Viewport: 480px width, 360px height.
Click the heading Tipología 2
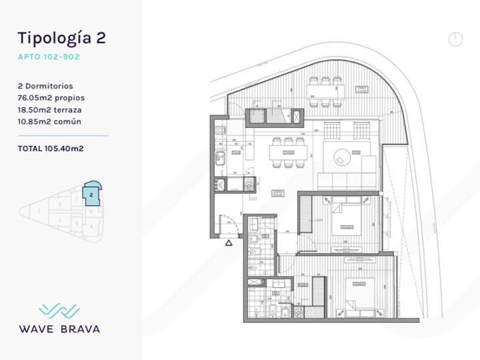(62, 37)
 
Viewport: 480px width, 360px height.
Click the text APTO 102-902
(49, 57)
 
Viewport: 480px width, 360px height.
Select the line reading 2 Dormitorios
(46, 86)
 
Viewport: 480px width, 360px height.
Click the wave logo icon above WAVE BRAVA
(59, 311)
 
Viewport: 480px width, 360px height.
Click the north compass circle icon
(455, 39)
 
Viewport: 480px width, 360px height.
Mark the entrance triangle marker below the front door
(229, 243)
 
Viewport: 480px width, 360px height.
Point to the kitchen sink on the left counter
(219, 158)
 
